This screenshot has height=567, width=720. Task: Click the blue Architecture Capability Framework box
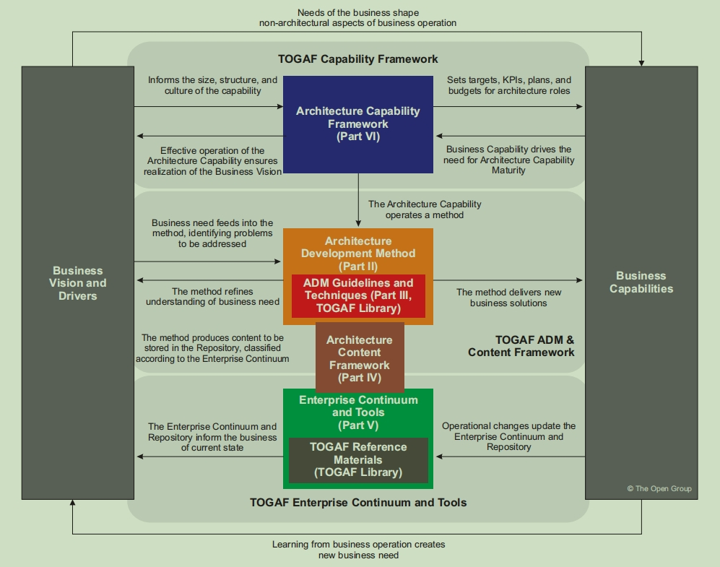coord(357,124)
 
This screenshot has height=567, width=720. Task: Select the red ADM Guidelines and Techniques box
coord(358,295)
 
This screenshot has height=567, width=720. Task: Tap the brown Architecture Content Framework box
coord(360,358)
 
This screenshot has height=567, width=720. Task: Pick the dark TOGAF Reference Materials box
coord(358,460)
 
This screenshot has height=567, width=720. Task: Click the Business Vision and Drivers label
coord(77,283)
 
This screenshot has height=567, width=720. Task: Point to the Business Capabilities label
coord(641,282)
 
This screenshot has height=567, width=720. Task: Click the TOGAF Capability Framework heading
coord(357,59)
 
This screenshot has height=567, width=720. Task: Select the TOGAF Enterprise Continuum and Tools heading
coord(358,502)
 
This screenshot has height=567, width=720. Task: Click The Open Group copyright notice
coord(659,489)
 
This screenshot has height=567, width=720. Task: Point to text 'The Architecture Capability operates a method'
coord(425,209)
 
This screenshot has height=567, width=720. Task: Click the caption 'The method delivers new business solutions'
coord(508,298)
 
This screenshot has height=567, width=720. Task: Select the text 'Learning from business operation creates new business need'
coord(358,550)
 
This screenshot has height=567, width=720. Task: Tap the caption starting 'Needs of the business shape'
coord(357,18)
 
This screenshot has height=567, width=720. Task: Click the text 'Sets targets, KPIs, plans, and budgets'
coord(509,85)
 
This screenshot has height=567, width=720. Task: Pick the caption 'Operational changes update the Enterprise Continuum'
coord(508,436)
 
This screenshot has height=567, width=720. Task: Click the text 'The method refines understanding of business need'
coord(212,296)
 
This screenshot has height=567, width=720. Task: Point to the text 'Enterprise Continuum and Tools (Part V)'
coord(358,412)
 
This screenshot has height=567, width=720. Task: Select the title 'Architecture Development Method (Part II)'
coord(358,254)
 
